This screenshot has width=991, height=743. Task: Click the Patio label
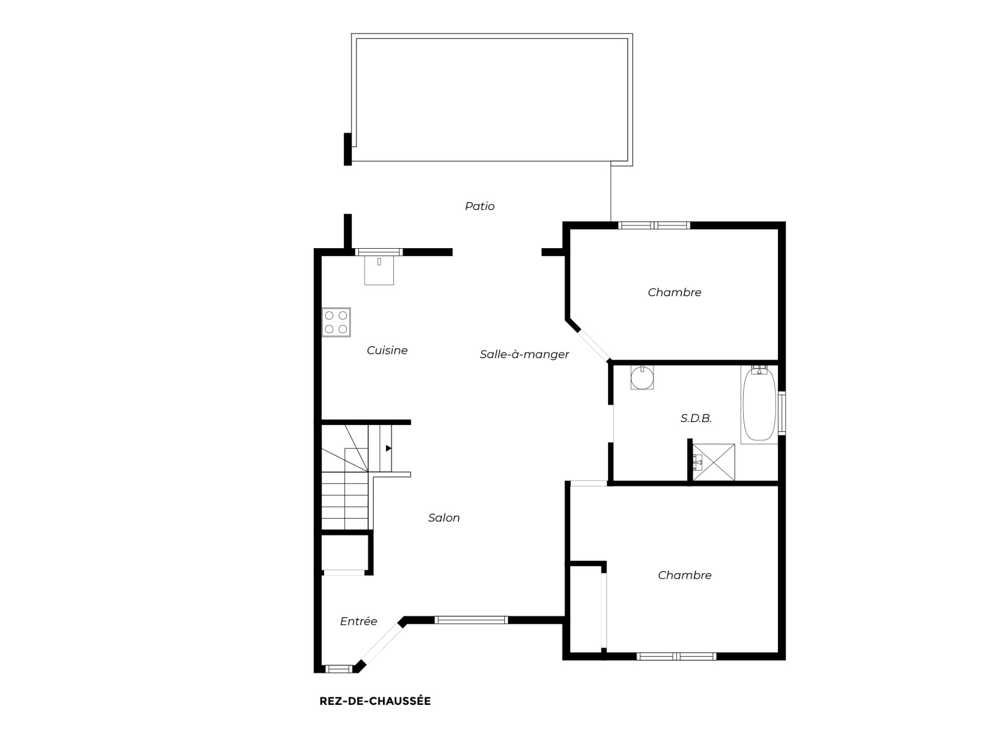coord(479,206)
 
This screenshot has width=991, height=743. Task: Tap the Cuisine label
coord(387,350)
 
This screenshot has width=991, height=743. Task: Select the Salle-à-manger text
coord(524,354)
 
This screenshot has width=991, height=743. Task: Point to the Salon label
coord(444,518)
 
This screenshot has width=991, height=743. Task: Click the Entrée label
coord(358,621)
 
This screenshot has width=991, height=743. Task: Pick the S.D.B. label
coord(696,418)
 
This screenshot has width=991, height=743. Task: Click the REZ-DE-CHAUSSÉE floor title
coord(375,701)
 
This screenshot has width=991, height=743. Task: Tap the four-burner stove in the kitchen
coord(336,322)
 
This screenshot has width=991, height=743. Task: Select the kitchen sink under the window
coord(379,270)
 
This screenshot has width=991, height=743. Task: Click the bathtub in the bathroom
coord(759,404)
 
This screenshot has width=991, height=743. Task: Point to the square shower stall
coord(713,462)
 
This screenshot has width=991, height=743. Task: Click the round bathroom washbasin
coord(642,377)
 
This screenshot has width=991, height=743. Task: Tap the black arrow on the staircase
coord(388,448)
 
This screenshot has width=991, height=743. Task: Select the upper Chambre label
coord(674,293)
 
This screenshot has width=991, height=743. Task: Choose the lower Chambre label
coord(684,575)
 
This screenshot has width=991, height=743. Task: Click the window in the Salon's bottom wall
coord(471,620)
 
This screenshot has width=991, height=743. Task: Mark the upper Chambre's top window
coord(654,225)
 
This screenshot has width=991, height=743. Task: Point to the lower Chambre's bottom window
coord(676,656)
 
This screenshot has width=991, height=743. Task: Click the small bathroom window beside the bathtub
coord(781,412)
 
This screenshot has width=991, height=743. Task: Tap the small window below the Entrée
coord(338,669)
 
